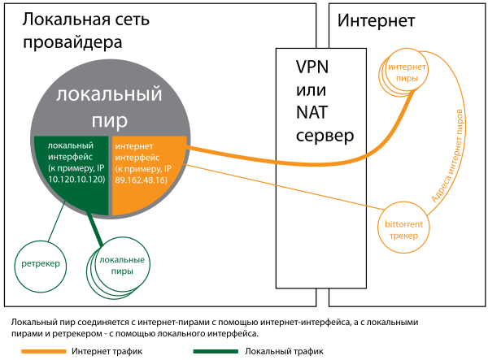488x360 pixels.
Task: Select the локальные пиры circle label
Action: [121, 266]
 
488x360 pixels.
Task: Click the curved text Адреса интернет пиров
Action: [448, 154]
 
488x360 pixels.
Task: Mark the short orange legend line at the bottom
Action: [43, 351]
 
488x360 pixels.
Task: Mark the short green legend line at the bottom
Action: [216, 351]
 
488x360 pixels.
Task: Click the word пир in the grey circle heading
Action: [110, 121]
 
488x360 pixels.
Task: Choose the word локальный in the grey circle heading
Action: [110, 95]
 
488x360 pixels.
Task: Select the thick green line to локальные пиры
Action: [98, 231]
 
